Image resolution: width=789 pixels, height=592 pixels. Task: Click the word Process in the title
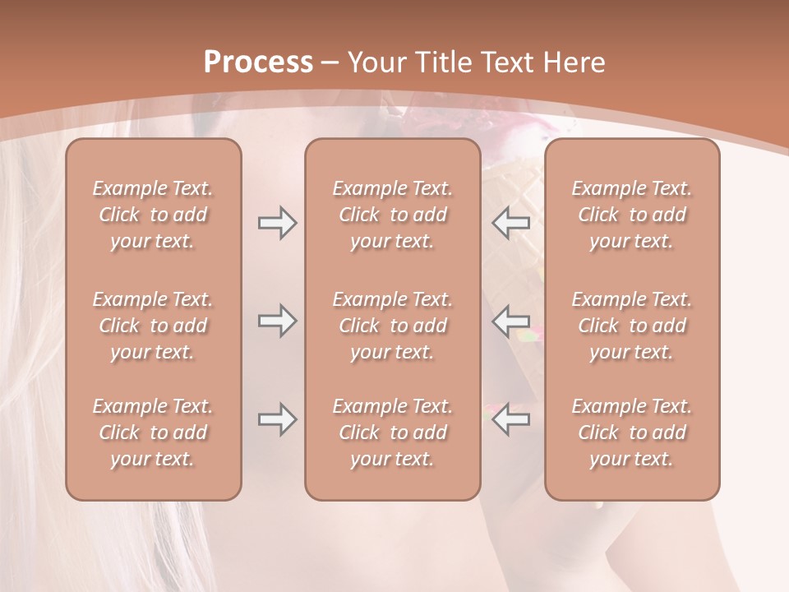[258, 62]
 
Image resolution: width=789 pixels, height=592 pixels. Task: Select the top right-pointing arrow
[277, 223]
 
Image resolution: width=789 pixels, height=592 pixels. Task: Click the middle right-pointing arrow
[277, 320]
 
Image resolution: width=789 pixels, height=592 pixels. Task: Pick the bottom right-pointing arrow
[277, 419]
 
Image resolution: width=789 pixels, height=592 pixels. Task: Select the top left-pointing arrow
[511, 223]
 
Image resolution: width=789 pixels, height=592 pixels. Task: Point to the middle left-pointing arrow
[511, 320]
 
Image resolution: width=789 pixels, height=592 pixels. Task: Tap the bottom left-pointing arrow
[511, 419]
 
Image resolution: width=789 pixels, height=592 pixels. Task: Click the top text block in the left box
[153, 215]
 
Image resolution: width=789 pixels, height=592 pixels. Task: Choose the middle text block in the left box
[153, 326]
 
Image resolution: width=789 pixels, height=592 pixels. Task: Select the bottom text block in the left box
[153, 432]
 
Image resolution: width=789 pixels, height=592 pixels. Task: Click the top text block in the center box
[393, 215]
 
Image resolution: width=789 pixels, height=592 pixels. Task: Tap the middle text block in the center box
[393, 326]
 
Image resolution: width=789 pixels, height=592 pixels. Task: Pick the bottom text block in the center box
[393, 432]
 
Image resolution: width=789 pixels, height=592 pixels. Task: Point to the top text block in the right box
[632, 215]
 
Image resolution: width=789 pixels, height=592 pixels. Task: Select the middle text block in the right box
[632, 326]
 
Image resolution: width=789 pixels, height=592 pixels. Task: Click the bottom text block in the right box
[632, 432]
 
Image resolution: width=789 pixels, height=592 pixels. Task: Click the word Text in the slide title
[506, 62]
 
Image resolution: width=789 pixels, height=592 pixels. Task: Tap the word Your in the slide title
[375, 62]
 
